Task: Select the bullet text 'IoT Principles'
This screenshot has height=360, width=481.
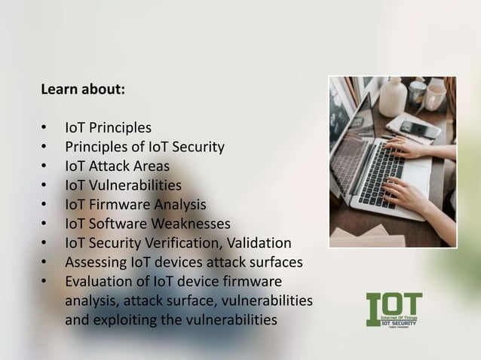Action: pyautogui.click(x=108, y=127)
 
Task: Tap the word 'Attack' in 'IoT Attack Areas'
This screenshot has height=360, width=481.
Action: pyautogui.click(x=112, y=166)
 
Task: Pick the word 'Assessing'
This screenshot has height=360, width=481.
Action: pyautogui.click(x=94, y=263)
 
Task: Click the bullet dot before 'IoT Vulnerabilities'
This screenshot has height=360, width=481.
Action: pyautogui.click(x=45, y=185)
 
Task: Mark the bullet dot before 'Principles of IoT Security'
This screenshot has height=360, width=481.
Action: pyautogui.click(x=45, y=146)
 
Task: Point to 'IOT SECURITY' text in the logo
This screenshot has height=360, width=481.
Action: pyautogui.click(x=405, y=322)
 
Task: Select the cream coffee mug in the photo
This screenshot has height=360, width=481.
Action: pyautogui.click(x=435, y=96)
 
